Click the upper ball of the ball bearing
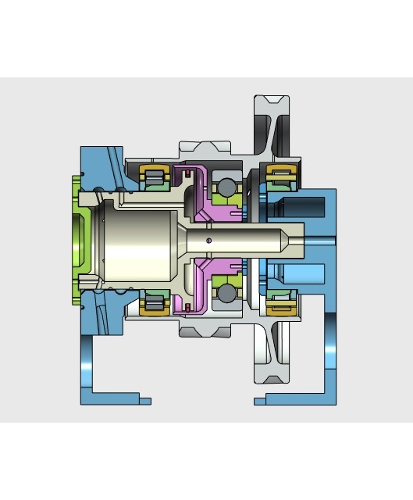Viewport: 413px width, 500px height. coord(226,187)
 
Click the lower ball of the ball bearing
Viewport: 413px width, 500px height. coord(226,293)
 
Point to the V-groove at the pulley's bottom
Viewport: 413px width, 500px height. coord(271,378)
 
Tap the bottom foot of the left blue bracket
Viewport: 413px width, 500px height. coord(117,399)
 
